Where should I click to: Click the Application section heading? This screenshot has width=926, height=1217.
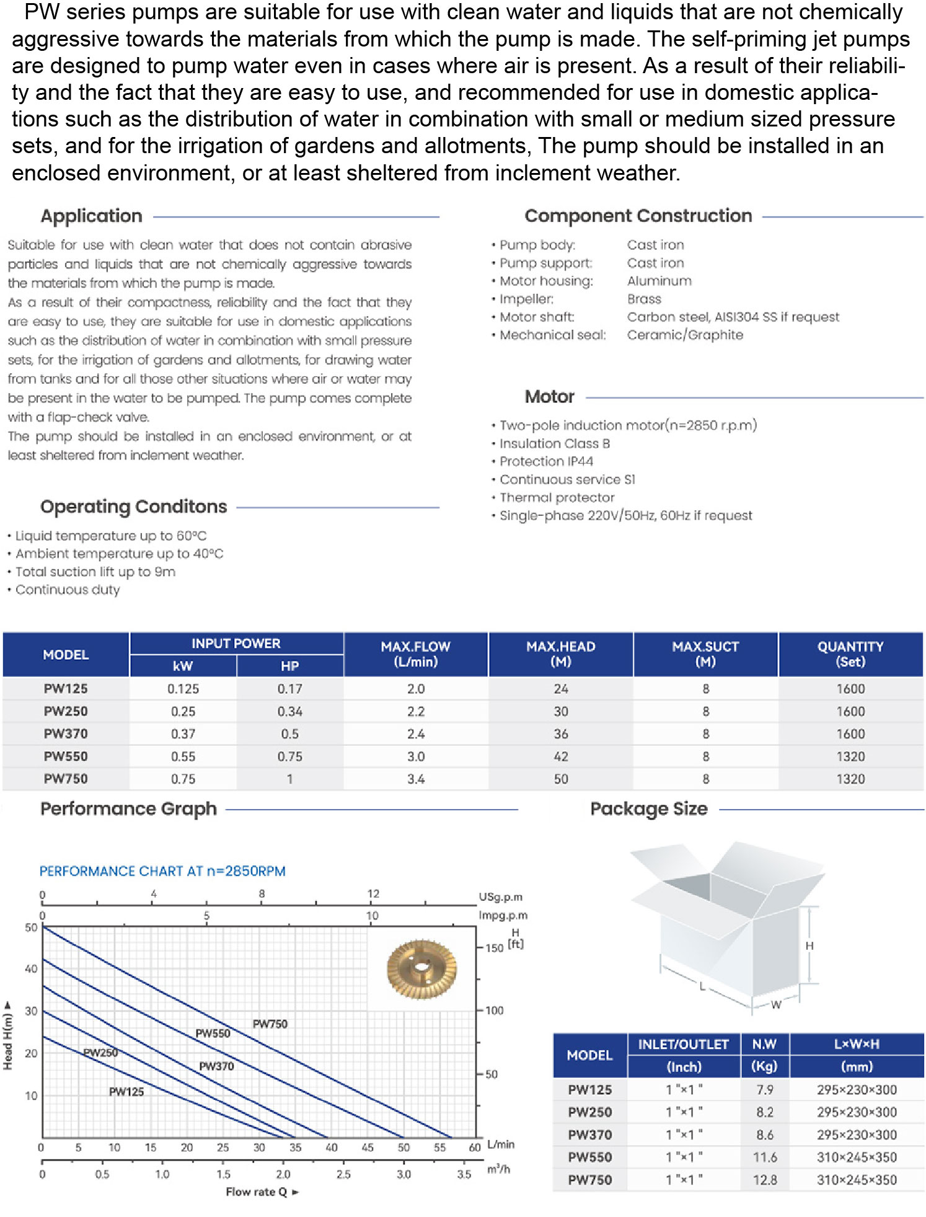(91, 216)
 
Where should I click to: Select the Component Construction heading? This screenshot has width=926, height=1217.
(638, 216)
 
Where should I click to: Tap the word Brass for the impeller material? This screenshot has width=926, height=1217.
(644, 299)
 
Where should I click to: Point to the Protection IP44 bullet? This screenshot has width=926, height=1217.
(546, 461)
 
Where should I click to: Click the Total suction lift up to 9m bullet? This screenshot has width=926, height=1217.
(95, 572)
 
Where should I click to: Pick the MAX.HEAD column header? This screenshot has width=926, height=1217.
(560, 654)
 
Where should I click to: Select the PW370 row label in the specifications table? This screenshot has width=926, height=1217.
(66, 734)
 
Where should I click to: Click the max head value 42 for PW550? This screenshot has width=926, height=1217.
(560, 756)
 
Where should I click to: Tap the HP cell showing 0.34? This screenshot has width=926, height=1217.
(289, 711)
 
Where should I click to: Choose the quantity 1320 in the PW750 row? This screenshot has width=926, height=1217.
(850, 779)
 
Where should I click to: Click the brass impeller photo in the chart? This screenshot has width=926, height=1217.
(421, 969)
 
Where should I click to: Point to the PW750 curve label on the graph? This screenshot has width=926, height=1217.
(270, 1024)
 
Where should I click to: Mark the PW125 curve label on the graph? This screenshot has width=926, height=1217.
(126, 1092)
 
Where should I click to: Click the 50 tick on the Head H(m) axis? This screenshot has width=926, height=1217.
(31, 927)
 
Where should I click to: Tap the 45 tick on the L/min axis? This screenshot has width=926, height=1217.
(368, 1148)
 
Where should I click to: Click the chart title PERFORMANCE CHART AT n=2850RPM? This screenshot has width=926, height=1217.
(162, 871)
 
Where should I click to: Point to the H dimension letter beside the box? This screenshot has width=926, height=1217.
(809, 946)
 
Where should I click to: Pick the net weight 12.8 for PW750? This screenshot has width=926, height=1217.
(764, 1180)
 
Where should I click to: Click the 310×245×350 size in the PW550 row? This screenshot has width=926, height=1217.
(856, 1157)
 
